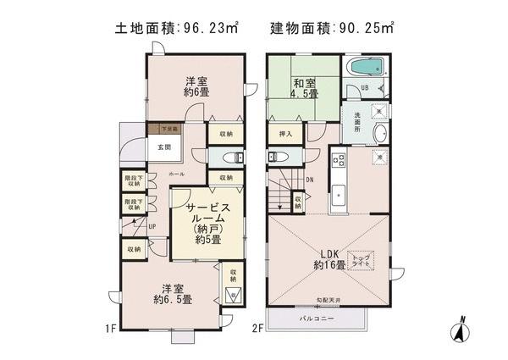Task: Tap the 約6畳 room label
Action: [x=197, y=87]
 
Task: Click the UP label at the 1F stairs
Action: [x=152, y=226]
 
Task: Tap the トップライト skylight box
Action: [x=360, y=260]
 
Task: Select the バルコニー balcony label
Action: [x=317, y=319]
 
